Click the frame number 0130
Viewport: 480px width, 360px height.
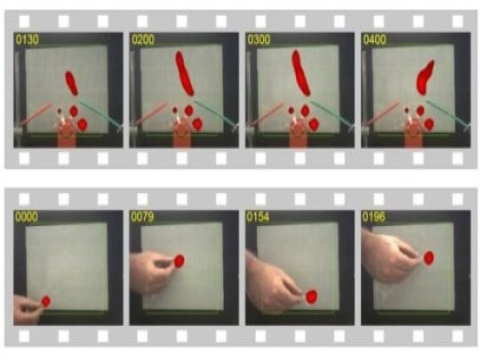pos(27,40)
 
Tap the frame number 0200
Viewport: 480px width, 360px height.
pos(143,40)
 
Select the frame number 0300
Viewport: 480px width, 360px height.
pos(259,40)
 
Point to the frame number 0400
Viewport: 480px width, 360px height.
pos(374,40)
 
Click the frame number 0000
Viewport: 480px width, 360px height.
pos(27,217)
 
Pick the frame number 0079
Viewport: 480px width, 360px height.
pos(142,217)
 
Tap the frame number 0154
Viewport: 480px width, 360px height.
pos(258,217)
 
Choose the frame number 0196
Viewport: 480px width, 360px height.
pos(374,217)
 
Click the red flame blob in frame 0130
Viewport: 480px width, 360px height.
pos(71,83)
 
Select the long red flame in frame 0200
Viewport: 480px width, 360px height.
pos(184,73)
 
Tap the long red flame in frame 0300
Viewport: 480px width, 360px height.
pos(301,73)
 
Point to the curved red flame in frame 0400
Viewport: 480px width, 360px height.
pos(425,77)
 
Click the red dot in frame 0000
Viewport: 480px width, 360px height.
pos(46,301)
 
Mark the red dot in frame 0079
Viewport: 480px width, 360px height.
pos(179,261)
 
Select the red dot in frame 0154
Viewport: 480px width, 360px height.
pos(311,297)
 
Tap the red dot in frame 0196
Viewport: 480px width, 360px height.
pos(429,258)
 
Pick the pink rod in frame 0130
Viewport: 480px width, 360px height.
pos(37,114)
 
